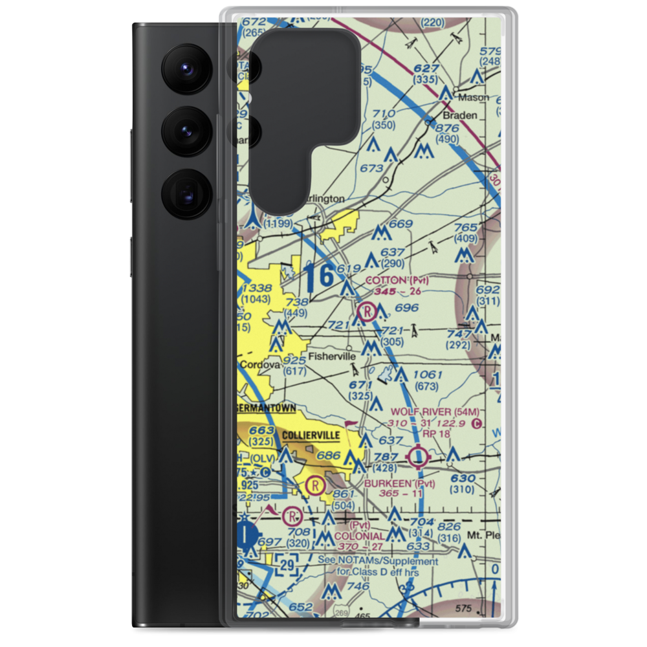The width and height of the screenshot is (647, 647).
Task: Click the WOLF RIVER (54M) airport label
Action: (434, 411)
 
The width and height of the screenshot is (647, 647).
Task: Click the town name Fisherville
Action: (332, 356)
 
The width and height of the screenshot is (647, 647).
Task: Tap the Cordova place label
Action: (260, 365)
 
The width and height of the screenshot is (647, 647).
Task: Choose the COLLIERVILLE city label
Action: (309, 435)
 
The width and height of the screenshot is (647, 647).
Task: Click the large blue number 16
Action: (320, 275)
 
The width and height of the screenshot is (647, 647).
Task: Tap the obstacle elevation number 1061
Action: (427, 375)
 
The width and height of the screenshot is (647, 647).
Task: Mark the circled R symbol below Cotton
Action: (367, 313)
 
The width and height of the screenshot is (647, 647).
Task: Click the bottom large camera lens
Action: (185, 192)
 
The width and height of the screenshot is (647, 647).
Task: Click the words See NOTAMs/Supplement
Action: (377, 562)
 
